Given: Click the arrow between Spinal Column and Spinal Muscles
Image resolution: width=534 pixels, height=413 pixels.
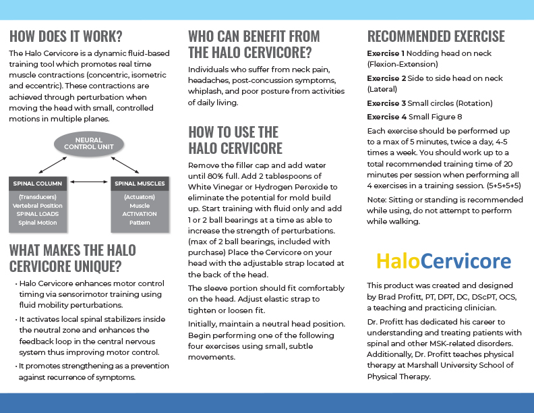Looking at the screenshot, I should tap(89, 182).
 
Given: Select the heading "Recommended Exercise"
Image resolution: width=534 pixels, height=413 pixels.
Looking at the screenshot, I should tap(436, 36).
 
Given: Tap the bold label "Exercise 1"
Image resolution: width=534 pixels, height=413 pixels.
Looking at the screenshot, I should tap(386, 53).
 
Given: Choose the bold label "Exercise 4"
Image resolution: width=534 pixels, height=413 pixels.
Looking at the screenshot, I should tap(386, 116).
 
